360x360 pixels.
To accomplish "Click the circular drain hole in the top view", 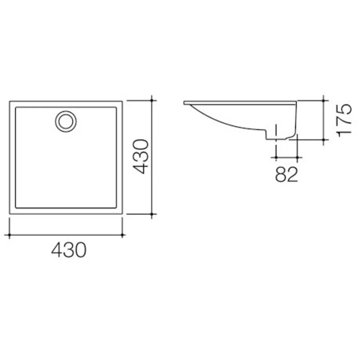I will (66, 121).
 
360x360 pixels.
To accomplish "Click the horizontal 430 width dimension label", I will (69, 250).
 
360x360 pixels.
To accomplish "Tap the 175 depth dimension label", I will (344, 119).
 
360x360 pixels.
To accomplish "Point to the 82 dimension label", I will (286, 174).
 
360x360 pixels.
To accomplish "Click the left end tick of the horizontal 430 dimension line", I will (9, 235).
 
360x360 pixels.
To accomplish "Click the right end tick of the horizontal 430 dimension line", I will (122, 235).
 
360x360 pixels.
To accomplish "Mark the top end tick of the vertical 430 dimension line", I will (152, 100).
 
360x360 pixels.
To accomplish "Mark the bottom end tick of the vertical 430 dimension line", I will (152, 214).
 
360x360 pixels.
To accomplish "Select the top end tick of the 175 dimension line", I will (324, 100).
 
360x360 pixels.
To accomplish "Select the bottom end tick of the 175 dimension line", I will (324, 140).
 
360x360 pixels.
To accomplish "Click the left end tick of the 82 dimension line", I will (276, 157).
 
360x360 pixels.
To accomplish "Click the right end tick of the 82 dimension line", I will (297, 157).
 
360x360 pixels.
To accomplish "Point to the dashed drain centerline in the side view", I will (276, 137).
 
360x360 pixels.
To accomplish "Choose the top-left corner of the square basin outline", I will (10, 101).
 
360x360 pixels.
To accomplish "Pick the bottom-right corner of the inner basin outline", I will (116, 208).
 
